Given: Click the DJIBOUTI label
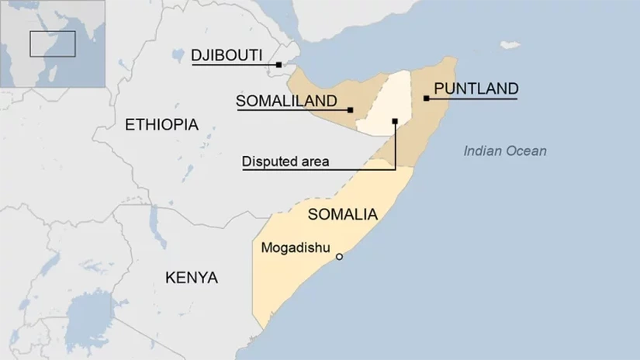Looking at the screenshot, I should [227, 55].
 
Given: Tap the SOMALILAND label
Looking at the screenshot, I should [285, 101].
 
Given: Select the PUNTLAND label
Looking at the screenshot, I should [475, 88].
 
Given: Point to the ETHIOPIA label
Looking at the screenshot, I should [161, 124].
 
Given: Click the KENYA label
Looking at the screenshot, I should [192, 278].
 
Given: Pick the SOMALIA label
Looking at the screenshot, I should [342, 214].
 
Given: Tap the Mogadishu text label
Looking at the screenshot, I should [296, 248].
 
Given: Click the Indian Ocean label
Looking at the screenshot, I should [504, 151].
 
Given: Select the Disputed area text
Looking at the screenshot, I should [285, 161].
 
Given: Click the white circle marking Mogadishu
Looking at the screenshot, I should [338, 256].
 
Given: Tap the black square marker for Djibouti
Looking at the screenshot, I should [278, 64].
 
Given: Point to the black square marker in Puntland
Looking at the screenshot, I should [426, 98].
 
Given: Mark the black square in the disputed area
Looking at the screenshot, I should [395, 121].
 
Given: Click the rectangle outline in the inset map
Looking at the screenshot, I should [52, 43].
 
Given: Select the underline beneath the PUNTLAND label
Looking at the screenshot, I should [472, 99].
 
